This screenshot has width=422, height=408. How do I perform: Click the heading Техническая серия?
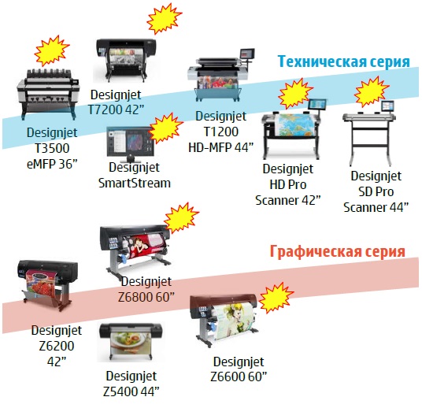pyautogui.click(x=344, y=61)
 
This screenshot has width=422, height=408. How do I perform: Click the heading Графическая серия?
pyautogui.click(x=338, y=251)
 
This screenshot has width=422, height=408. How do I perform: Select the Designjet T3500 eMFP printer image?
pyautogui.click(x=48, y=93)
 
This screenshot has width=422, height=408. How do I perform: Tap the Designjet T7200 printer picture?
pyautogui.click(x=126, y=61)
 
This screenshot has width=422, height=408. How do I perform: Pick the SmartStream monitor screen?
pyautogui.click(x=130, y=142)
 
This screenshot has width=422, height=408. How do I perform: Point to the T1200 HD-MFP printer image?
pyautogui.click(x=220, y=75)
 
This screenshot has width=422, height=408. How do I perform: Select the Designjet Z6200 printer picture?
pyautogui.click(x=48, y=285)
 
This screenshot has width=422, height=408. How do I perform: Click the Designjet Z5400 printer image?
pyautogui.click(x=131, y=342)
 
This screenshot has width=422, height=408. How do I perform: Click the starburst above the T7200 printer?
pyautogui.click(x=164, y=18)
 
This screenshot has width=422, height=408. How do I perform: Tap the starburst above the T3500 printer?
pyautogui.click(x=52, y=51)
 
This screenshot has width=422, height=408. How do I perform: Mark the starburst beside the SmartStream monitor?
pyautogui.click(x=165, y=128)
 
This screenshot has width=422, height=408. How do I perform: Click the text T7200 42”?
pyautogui.click(x=116, y=109)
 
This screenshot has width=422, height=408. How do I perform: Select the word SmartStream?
pyautogui.click(x=135, y=184)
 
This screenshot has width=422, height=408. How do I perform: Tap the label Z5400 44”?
pyautogui.click(x=131, y=391)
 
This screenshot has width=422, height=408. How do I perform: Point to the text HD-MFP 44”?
pyautogui.click(x=220, y=147)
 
